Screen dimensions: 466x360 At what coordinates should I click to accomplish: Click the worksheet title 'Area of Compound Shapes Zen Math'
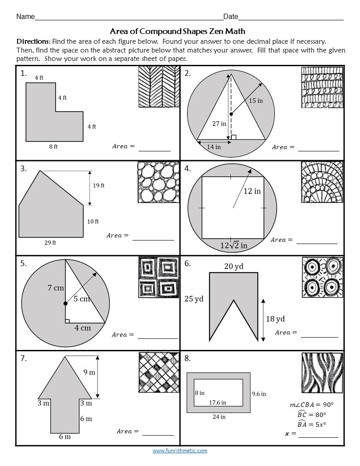point(177,31)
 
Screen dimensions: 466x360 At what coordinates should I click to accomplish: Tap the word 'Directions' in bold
point(33,41)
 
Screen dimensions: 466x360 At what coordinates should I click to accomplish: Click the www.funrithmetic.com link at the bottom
point(180,451)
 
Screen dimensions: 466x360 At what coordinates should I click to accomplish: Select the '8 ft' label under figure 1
point(53,147)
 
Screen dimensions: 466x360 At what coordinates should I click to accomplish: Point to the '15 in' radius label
point(255,101)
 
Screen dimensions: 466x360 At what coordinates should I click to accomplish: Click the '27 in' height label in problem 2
point(219,124)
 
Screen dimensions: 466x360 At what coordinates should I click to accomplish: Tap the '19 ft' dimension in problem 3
point(98,186)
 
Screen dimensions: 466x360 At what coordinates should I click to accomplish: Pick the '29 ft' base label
point(50,243)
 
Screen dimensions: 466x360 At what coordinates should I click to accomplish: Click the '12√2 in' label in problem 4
point(233,245)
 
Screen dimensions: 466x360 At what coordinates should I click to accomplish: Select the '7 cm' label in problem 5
point(56,288)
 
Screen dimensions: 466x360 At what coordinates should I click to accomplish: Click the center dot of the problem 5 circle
point(65,304)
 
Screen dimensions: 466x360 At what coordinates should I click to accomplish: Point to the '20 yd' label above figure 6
point(233,266)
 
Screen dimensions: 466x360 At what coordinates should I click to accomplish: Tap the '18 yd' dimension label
point(275,319)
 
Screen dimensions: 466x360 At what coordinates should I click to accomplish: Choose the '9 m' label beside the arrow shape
point(89,372)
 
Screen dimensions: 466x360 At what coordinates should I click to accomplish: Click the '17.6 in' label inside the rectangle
point(217,402)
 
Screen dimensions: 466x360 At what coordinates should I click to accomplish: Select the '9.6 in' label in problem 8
point(259,394)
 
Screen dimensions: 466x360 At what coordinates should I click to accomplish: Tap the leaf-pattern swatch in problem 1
point(159,86)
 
